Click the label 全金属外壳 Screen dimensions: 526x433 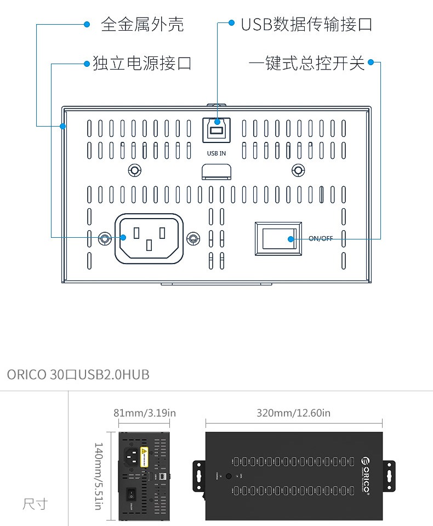click(143, 24)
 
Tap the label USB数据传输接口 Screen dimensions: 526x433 click(306, 24)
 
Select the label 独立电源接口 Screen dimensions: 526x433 click(142, 63)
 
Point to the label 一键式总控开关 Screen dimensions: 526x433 click(306, 63)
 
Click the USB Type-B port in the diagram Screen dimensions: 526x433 click(216, 131)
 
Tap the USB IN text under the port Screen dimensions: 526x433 click(216, 153)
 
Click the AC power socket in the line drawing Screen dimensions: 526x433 click(148, 238)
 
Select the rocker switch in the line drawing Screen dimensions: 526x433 click(278, 238)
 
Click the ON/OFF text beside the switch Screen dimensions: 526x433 click(321, 238)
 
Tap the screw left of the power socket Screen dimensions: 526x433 click(104, 238)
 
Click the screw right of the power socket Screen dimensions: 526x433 click(192, 238)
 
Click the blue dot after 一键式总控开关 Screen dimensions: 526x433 click(371, 62)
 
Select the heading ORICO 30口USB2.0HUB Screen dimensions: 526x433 click(78, 375)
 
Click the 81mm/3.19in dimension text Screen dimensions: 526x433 click(145, 413)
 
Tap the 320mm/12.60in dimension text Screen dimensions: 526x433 click(293, 413)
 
